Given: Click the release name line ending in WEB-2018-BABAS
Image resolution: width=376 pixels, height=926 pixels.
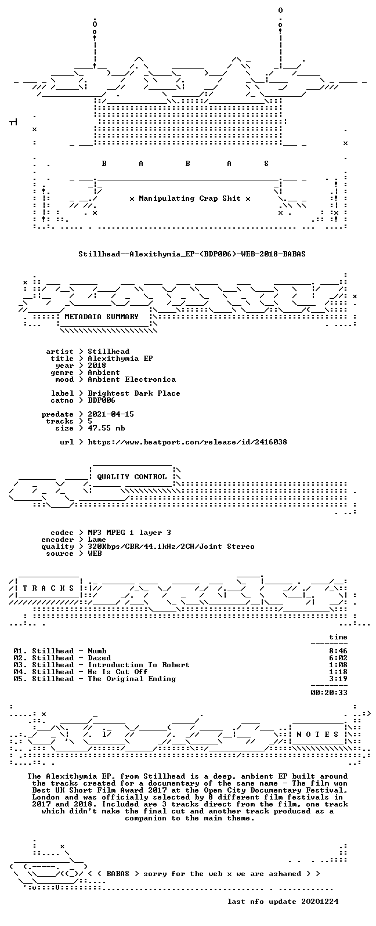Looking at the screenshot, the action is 192,254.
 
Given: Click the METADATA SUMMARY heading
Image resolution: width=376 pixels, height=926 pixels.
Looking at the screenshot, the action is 102,317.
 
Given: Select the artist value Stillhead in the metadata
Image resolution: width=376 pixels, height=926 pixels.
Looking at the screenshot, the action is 109,352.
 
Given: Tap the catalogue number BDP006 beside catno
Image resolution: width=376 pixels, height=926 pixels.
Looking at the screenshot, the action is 102,400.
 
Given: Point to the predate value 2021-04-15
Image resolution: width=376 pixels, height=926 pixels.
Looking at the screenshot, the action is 111,414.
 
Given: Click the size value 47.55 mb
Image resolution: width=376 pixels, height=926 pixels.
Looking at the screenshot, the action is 106,428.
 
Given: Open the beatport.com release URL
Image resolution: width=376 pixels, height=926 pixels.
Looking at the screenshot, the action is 187,442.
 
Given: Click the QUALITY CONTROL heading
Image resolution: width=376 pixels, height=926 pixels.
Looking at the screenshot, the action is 132,477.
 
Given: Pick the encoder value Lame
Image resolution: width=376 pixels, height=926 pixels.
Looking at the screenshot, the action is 97,540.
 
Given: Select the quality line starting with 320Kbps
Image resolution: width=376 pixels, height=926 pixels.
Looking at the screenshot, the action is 171,547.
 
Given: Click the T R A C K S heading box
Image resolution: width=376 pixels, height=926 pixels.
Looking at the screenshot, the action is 48,588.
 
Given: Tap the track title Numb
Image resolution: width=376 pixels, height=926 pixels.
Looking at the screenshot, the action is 97,650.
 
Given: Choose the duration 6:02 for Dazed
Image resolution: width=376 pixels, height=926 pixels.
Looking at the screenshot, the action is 338,658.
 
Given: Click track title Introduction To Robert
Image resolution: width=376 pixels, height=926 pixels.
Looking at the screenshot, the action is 139,665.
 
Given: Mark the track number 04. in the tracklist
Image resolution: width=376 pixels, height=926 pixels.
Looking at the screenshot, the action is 20,672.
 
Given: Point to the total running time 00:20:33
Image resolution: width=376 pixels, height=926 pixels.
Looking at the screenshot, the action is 329,692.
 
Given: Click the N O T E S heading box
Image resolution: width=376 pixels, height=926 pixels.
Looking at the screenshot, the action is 317,734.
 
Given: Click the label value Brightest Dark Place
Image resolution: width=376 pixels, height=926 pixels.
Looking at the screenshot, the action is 134,393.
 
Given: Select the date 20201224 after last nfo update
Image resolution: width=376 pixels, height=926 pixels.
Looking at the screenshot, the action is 320,901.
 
